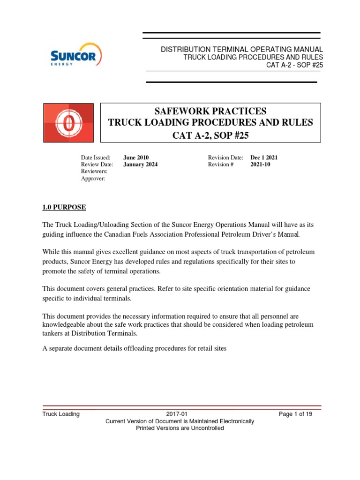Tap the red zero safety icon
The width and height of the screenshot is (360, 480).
point(68,122)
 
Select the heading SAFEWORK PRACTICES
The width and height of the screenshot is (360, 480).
point(210,111)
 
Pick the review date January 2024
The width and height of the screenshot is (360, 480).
point(141,165)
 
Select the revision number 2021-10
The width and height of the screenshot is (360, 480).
point(261,165)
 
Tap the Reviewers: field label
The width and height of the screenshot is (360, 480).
point(95,172)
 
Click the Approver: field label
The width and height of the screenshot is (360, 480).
point(93,179)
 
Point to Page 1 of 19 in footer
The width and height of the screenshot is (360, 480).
point(295,414)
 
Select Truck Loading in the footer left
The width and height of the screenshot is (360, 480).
point(61,414)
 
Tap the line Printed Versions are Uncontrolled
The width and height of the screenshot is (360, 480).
point(180,428)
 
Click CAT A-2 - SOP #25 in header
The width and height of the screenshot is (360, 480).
point(294,65)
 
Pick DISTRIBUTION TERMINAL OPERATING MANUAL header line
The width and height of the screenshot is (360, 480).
point(242,49)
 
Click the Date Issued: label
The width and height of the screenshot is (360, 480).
point(96,157)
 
